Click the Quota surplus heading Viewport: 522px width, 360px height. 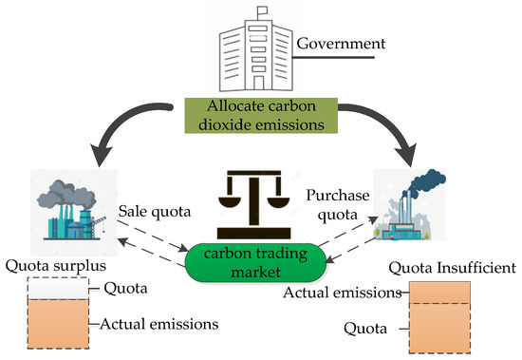coord(51,265)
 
